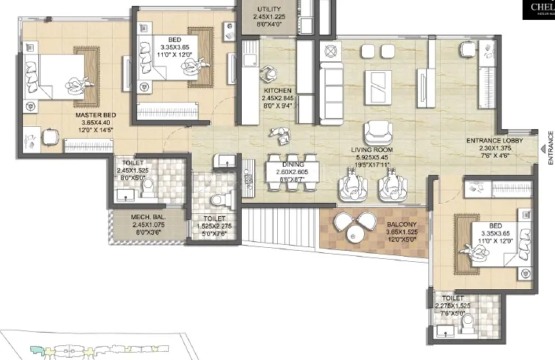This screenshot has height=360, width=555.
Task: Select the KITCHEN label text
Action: point(279,91)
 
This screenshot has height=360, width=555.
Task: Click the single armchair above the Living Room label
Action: point(377,133)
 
